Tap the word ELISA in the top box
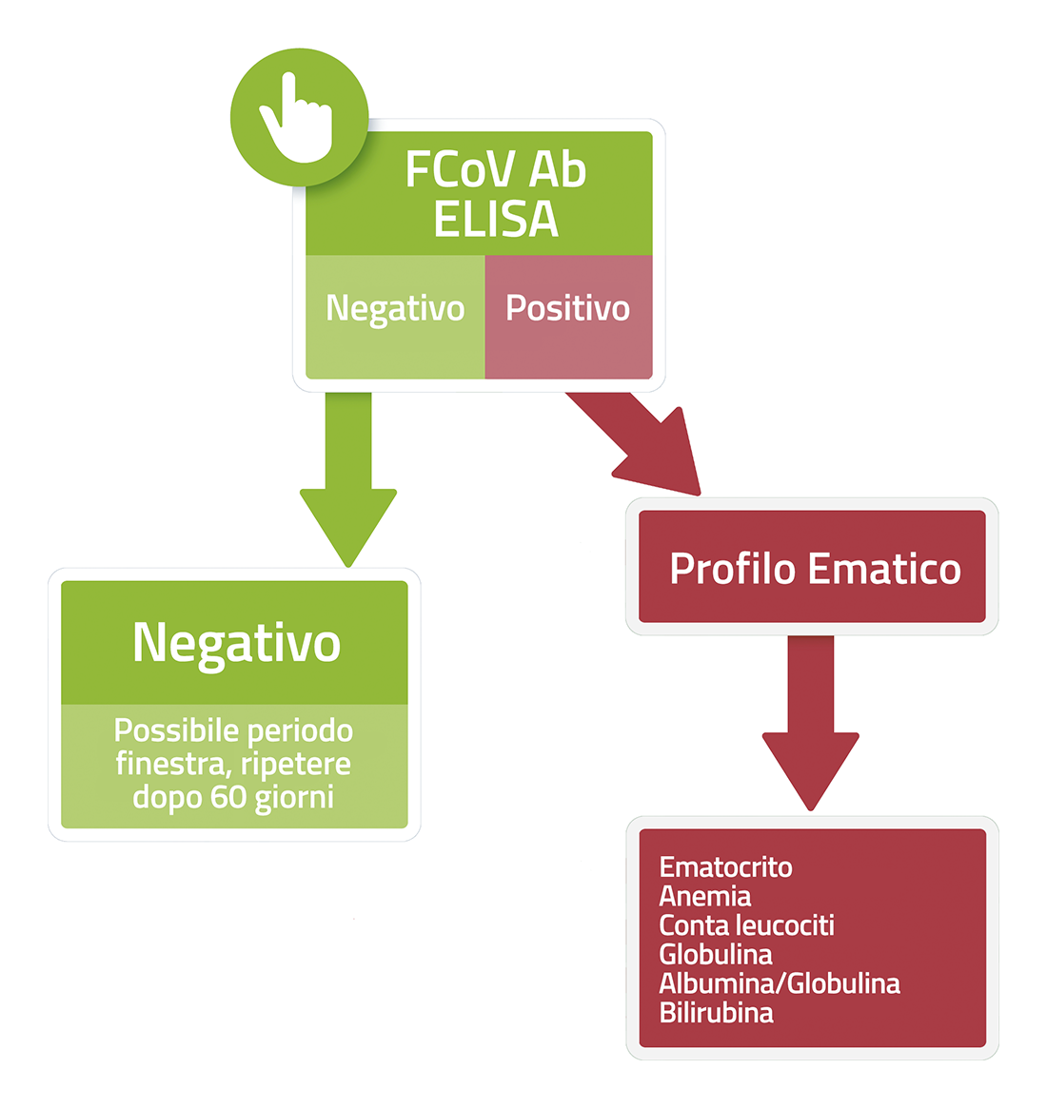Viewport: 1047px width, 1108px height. click(x=496, y=219)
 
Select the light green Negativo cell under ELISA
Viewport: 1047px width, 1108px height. click(x=395, y=317)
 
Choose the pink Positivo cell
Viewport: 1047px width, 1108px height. click(x=568, y=317)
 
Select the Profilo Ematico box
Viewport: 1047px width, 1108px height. click(x=812, y=567)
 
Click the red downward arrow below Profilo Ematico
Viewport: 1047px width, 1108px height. click(x=811, y=722)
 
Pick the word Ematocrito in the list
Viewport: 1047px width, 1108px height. click(x=725, y=867)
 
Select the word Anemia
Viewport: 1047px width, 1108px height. click(x=705, y=896)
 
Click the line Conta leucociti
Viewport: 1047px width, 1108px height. click(x=746, y=925)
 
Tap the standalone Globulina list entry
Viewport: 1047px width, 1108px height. click(x=716, y=955)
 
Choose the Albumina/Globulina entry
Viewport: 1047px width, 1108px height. click(x=780, y=983)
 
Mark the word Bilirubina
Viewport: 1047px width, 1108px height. click(x=716, y=1013)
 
